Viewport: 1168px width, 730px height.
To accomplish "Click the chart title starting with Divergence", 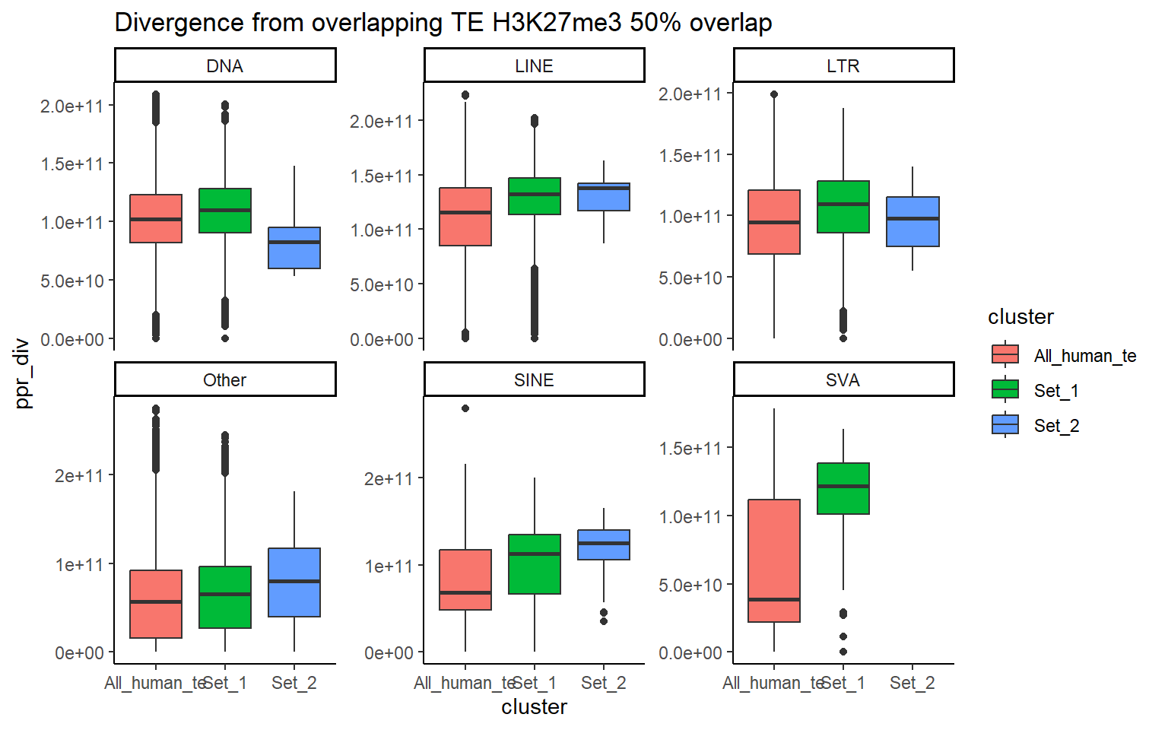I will coord(443,23).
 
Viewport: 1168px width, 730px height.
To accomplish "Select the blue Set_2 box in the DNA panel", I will coord(294,248).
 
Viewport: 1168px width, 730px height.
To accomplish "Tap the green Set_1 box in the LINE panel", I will coord(535,196).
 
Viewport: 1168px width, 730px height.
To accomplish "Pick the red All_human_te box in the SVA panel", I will coord(774,560).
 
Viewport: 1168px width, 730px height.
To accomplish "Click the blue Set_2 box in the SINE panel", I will coord(604,544).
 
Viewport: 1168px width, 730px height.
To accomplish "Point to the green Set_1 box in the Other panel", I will coord(225,597).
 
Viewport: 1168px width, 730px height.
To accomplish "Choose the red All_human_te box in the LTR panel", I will coord(774,222).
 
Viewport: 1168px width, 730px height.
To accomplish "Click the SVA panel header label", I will coord(843,380).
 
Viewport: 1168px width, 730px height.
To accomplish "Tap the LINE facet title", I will coord(534,66).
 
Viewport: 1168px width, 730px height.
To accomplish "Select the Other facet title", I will coord(224,380).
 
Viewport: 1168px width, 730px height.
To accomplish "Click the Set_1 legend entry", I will coord(1055,391).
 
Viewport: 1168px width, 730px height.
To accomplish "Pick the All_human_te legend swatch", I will coord(1005,355).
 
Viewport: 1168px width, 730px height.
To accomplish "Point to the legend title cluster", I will coord(1020,317).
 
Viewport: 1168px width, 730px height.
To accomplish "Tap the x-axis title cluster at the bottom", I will coord(534,707).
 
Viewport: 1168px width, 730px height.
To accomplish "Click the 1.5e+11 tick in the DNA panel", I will coord(72,164).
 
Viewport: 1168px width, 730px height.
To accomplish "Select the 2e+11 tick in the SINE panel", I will coord(389,478).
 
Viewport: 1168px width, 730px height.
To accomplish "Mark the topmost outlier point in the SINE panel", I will coord(465,408).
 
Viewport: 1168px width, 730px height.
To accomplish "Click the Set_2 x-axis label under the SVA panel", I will coord(912,683).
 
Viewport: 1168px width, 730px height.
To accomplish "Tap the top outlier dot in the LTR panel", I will coord(774,94).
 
